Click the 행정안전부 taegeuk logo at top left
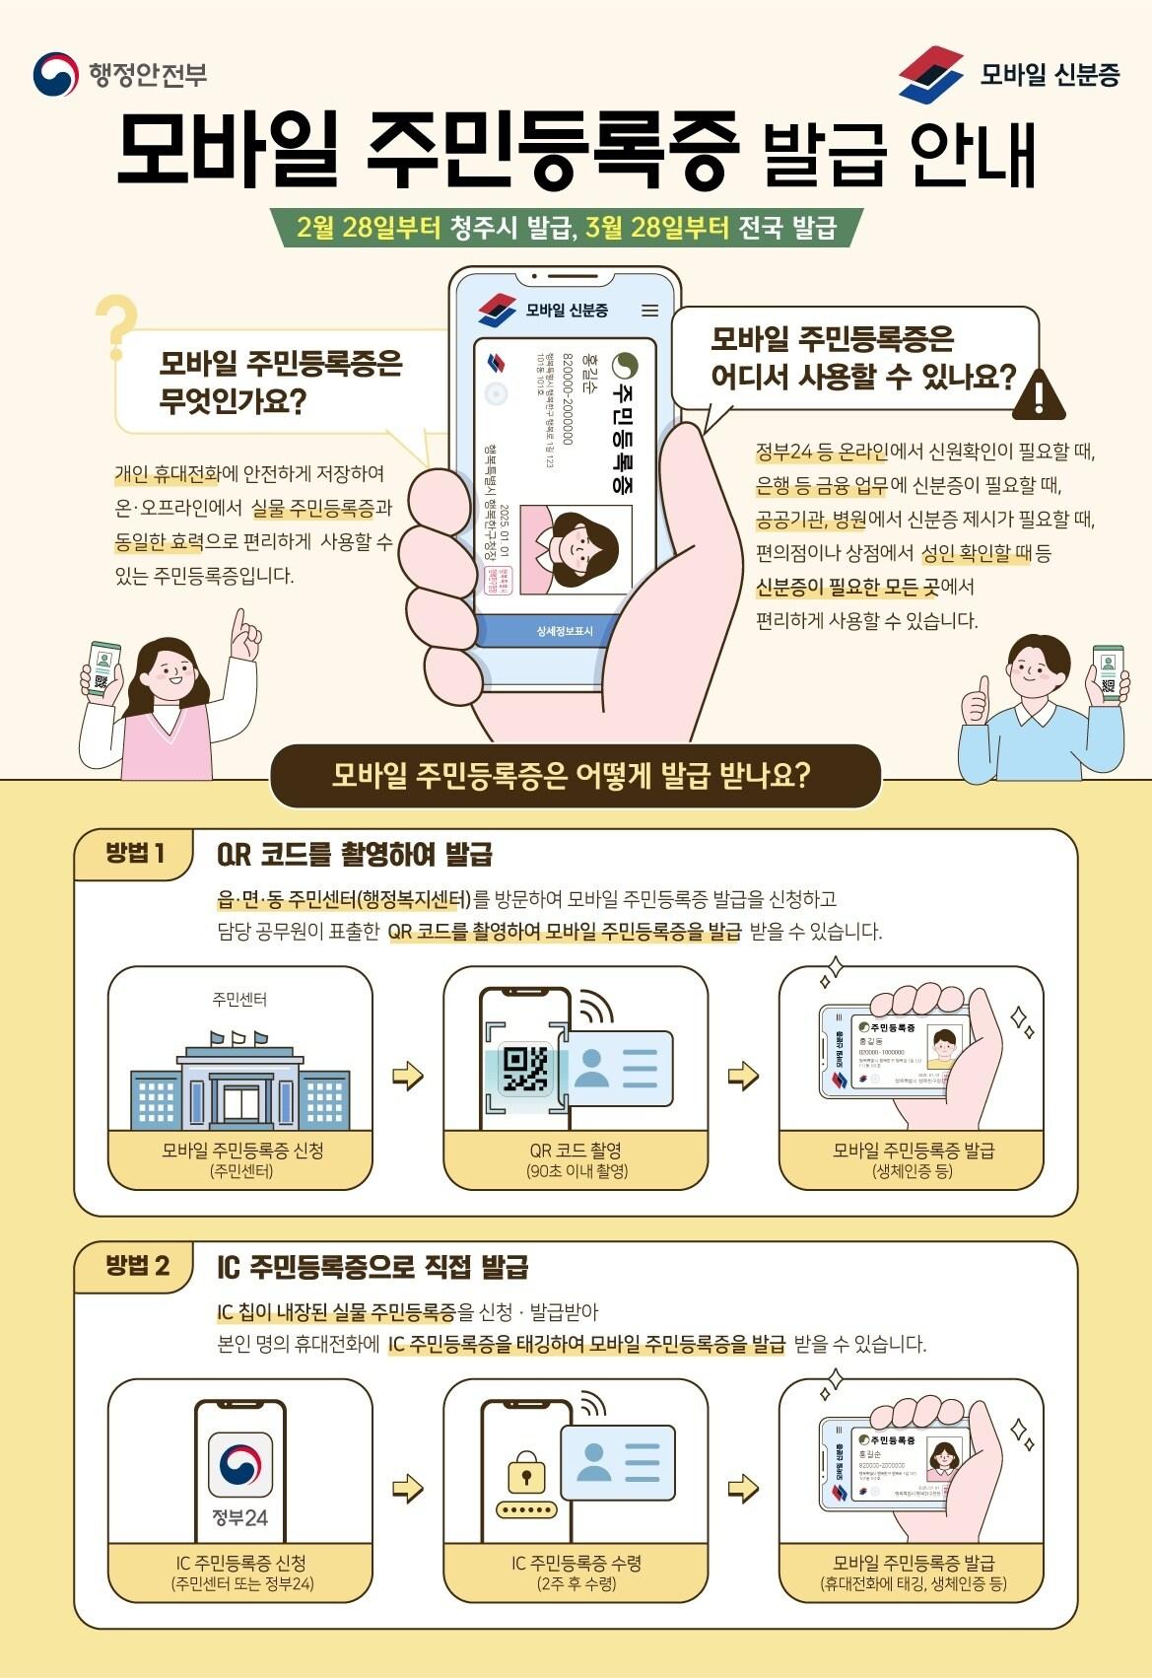coord(55,74)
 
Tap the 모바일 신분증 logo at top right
coord(930,73)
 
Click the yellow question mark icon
coord(115,326)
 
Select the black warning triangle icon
coord(1038,392)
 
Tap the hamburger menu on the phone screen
coord(649,311)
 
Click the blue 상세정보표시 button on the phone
coord(564,631)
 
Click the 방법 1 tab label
coord(135,853)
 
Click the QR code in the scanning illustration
coord(525,1070)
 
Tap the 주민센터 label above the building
coord(239,1000)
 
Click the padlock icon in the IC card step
coord(526,1474)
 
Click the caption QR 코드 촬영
coord(576,1151)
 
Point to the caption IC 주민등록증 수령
coord(576,1563)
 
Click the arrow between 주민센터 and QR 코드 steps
coord(407,1076)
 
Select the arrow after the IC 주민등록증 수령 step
coord(743,1488)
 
